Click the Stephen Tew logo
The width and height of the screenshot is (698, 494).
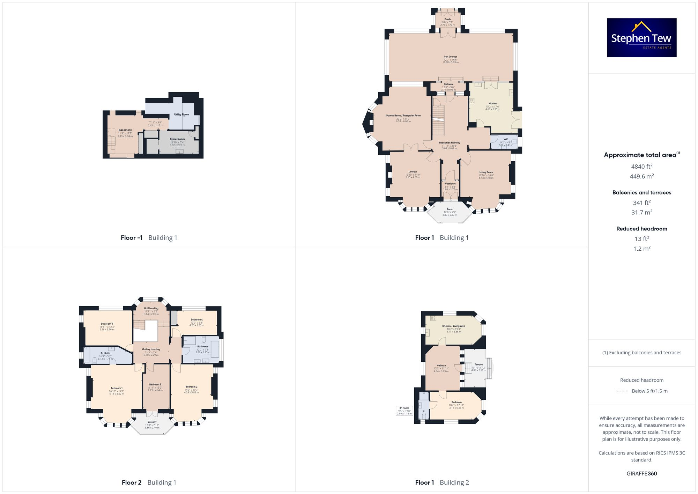tap(641, 38)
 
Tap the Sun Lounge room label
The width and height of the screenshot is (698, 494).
tap(451, 57)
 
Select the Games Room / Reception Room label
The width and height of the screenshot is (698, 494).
tap(403, 116)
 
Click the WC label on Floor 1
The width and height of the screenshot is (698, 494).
tap(505, 139)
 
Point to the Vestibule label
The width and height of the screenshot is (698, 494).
tap(450, 184)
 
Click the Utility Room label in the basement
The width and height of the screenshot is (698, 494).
tap(181, 115)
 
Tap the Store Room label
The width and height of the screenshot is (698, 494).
tap(177, 139)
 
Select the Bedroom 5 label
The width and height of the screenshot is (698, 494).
tap(155, 384)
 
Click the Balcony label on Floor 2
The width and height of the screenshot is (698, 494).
tap(152, 422)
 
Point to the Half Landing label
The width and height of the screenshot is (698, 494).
tap(151, 308)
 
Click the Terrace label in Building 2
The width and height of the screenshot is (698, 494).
tap(478, 364)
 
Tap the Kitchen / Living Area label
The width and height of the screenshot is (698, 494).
tap(453, 326)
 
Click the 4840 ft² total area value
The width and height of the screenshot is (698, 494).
tap(641, 167)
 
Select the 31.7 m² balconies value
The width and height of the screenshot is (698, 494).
tap(641, 212)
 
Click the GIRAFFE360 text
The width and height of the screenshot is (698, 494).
tap(641, 473)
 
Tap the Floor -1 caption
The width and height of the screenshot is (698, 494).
tap(132, 238)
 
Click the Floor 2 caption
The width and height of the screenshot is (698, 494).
tap(132, 482)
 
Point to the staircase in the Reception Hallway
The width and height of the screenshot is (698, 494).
tap(438, 120)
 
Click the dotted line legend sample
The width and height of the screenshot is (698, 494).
tap(622, 391)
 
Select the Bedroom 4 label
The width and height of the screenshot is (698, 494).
tap(196, 319)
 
